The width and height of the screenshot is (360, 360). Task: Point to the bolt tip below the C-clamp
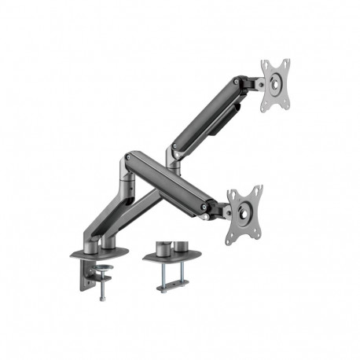click(x=102, y=298)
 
